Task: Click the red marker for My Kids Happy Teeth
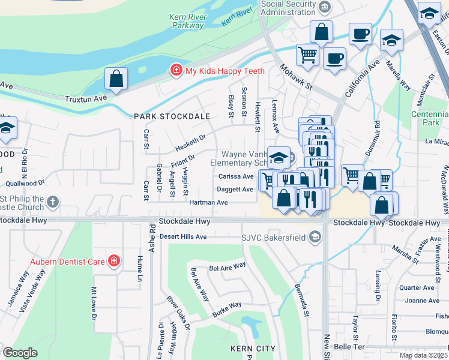(176, 71)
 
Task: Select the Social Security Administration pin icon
(325, 7)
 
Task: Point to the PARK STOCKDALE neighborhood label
(172, 116)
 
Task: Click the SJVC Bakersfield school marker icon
(315, 238)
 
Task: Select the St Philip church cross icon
(53, 203)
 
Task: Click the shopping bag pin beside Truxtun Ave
(116, 79)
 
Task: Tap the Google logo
(20, 352)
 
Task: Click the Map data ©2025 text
(424, 355)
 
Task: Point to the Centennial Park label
(429, 118)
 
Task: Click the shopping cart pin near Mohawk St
(307, 55)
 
